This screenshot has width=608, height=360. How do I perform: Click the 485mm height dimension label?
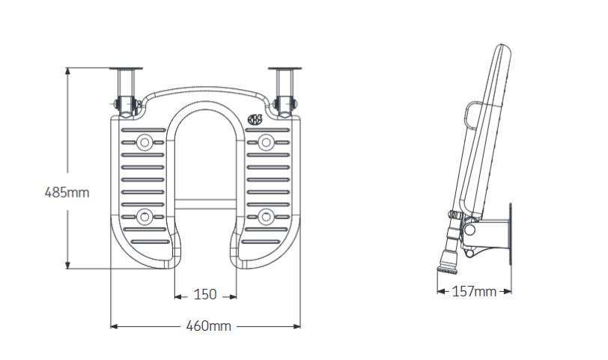pyautogui.click(x=67, y=192)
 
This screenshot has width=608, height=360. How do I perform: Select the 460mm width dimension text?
pyautogui.click(x=209, y=326)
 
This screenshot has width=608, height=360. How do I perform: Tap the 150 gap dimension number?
pyautogui.click(x=206, y=295)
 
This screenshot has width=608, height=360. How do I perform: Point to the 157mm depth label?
pyautogui.click(x=474, y=291)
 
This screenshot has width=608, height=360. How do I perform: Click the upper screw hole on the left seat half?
pyautogui.click(x=145, y=140)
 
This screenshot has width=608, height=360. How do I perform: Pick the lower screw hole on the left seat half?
pyautogui.click(x=145, y=217)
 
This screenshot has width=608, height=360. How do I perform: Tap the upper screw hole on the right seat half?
pyautogui.click(x=266, y=140)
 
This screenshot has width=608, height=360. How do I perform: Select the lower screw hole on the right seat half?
pyautogui.click(x=266, y=217)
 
